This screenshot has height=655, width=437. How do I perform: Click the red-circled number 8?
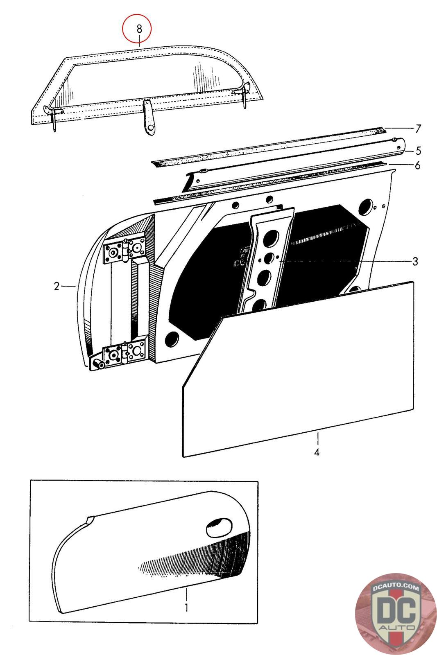click(139, 29)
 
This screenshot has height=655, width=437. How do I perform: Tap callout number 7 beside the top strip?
click(418, 129)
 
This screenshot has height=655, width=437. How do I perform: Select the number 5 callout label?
click(418, 151)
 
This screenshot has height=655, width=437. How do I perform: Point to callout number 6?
click(418, 166)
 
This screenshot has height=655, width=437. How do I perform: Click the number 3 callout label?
click(415, 261)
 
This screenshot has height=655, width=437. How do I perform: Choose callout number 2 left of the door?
click(57, 286)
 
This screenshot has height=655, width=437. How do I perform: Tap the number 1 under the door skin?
click(186, 607)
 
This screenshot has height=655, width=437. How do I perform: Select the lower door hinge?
click(124, 353)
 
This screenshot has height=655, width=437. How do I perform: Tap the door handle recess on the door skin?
click(218, 528)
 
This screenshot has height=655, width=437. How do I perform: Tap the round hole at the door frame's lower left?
click(172, 338)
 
